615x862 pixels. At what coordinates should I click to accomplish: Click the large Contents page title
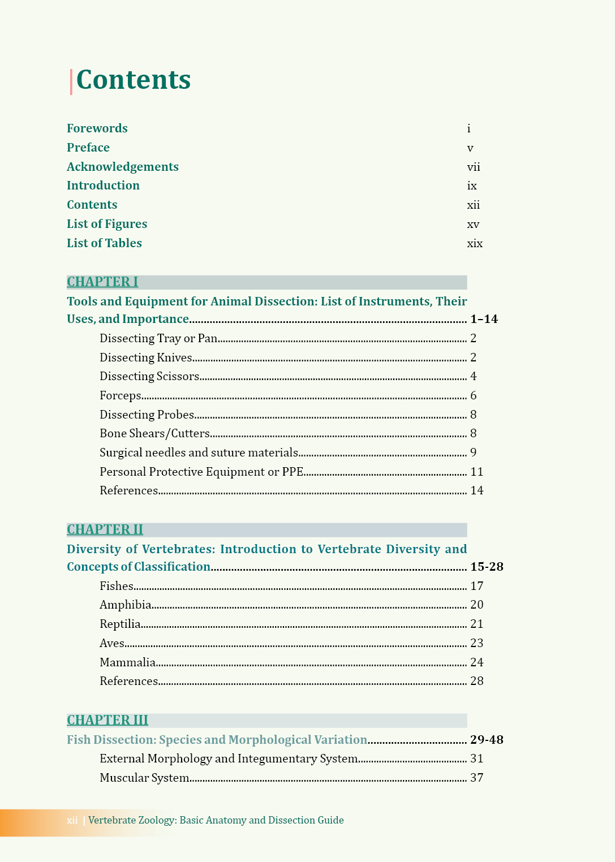134,80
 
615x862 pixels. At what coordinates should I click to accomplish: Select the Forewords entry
97,128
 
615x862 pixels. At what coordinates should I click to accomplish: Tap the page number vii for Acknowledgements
474,167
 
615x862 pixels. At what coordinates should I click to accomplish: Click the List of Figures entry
107,224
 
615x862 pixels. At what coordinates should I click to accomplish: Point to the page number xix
475,243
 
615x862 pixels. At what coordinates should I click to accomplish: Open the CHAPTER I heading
102,282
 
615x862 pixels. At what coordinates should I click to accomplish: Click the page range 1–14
484,319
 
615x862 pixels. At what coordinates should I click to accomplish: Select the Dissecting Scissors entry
149,376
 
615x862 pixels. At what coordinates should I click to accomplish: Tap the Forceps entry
121,395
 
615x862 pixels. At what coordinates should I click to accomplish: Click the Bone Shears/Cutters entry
154,433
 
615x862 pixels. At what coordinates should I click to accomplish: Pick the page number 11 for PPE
477,472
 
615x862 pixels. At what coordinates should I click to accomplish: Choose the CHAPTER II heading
105,529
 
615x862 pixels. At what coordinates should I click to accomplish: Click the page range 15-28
487,567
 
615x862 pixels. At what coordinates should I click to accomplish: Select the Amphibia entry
126,605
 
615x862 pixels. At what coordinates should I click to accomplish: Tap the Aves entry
112,643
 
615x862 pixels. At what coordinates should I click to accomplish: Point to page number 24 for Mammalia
477,662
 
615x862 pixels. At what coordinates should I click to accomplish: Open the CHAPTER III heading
107,720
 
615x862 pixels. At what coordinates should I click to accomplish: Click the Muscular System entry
144,778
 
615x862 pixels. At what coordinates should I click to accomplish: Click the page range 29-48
487,740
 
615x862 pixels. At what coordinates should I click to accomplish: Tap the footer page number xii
72,820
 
